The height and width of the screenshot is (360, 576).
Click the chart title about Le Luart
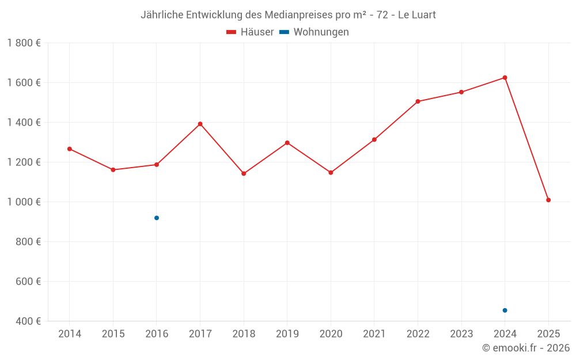coord(288,15)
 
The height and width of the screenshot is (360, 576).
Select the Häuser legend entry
coord(250,32)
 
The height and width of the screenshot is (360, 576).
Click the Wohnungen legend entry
coord(314,32)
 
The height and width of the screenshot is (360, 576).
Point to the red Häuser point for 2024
coord(505,78)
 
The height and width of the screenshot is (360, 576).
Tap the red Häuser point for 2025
coord(548,200)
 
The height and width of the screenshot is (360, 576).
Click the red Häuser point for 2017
coord(200,124)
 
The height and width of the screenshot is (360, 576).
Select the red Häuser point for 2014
coord(70,149)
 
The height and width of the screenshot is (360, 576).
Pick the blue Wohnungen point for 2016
coord(157,218)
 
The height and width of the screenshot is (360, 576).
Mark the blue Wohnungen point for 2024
coord(505,310)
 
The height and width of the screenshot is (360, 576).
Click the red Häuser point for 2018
coord(244,173)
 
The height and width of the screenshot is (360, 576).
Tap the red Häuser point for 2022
coord(418,101)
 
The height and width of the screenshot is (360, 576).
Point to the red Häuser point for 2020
coord(331,173)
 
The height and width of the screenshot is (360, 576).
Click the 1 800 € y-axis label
coord(24,43)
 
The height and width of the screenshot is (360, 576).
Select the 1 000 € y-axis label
coord(24,202)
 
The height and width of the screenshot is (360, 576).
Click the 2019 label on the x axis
coord(287,334)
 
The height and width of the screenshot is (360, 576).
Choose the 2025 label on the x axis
coord(548,334)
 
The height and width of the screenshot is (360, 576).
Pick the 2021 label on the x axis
coord(374,334)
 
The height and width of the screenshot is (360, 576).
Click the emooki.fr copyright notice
coord(525,348)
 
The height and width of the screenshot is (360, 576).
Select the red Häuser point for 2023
coord(461,92)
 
